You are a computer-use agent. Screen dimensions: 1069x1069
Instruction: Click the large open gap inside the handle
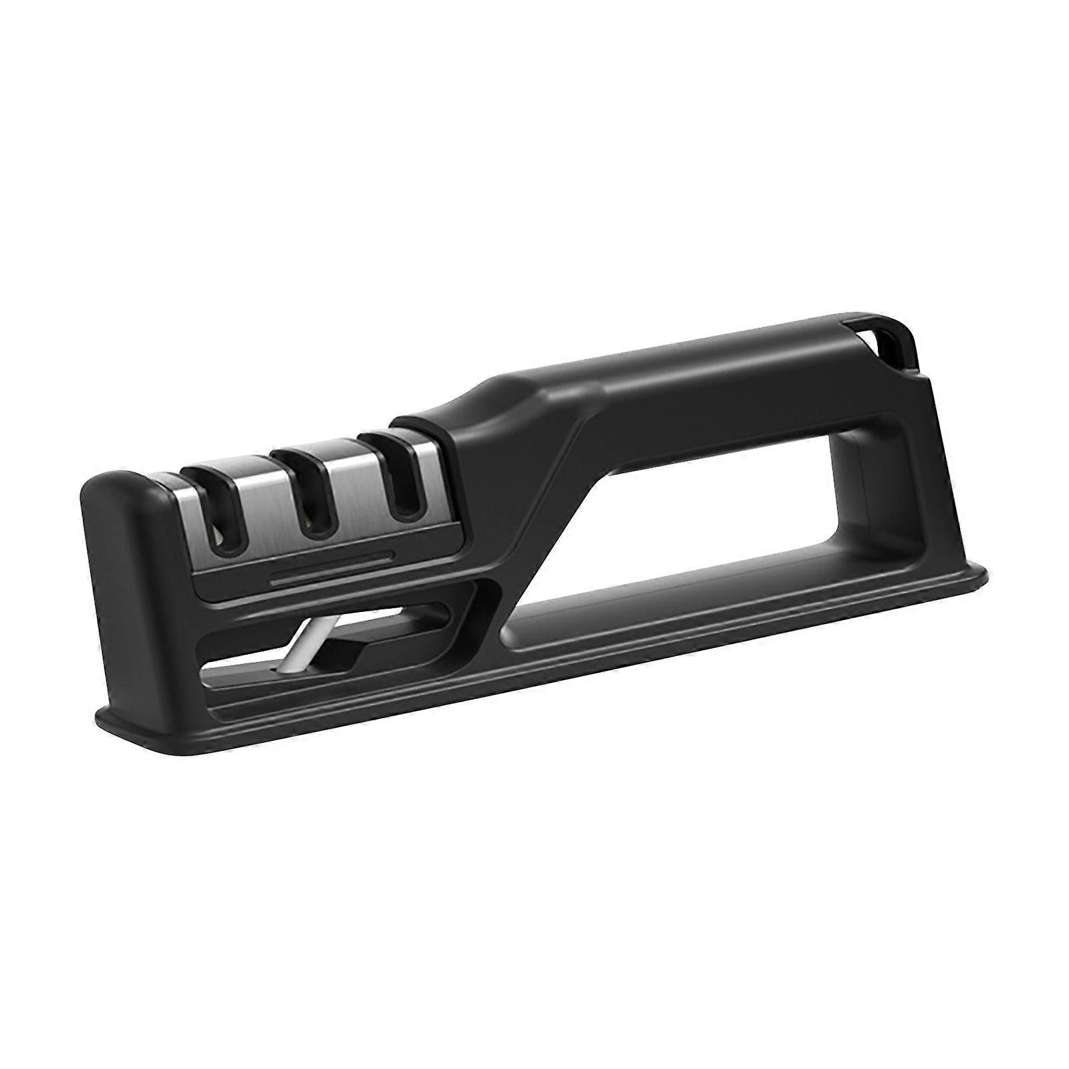point(722,508)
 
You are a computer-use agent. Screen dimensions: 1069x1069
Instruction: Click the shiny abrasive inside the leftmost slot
point(220,534)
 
